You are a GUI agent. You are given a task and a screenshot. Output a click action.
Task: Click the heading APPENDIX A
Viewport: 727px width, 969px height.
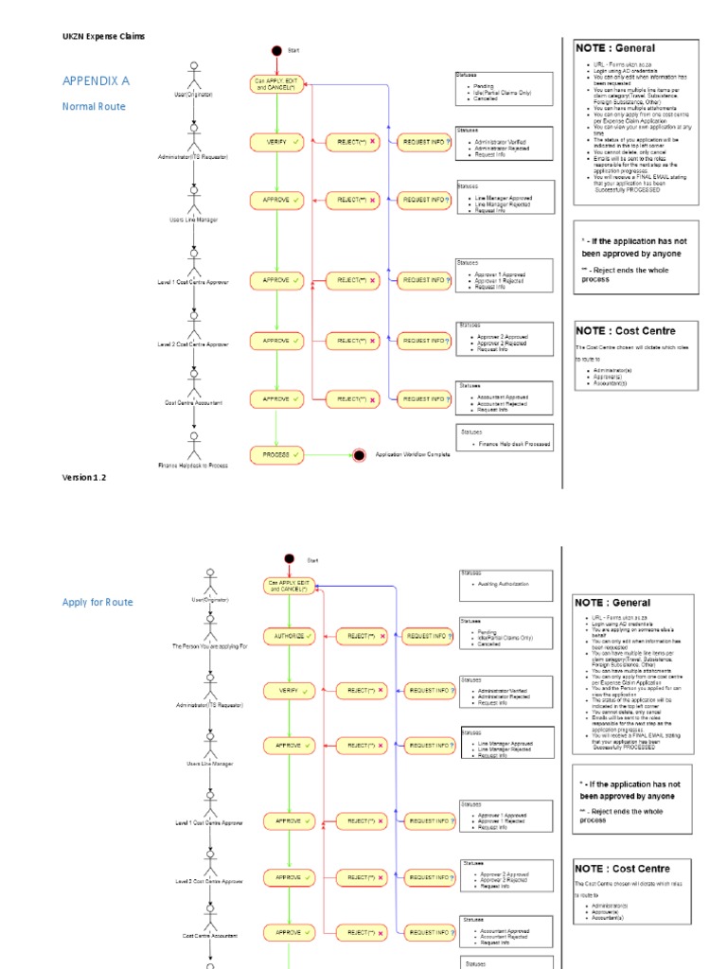[x=96, y=81]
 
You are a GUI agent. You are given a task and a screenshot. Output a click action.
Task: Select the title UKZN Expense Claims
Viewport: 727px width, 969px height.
[x=104, y=36]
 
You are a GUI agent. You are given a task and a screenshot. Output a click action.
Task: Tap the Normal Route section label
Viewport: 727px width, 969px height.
[x=94, y=107]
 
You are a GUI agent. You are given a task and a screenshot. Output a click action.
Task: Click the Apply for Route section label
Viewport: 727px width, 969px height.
[x=98, y=602]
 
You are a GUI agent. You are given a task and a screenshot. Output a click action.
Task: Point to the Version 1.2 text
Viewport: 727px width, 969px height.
[x=84, y=478]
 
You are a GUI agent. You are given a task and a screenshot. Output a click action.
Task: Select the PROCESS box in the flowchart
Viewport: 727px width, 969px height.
[x=276, y=455]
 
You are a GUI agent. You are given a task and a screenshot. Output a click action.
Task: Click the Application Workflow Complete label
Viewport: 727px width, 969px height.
[x=413, y=455]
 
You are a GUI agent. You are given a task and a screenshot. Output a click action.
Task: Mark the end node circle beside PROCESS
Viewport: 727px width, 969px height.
[x=359, y=456]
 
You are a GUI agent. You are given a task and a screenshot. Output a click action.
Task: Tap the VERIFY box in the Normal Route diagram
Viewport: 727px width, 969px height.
[x=276, y=142]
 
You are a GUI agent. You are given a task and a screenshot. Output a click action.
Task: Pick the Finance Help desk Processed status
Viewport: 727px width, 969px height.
[x=514, y=444]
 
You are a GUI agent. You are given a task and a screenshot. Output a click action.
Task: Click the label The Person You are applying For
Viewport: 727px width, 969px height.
[x=209, y=645]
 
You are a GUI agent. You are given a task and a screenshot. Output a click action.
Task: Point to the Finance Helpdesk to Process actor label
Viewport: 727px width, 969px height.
[x=193, y=466]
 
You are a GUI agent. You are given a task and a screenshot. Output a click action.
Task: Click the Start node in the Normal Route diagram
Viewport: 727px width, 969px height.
[x=276, y=50]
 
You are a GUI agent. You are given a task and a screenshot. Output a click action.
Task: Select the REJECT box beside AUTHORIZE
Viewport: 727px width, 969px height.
[x=362, y=637]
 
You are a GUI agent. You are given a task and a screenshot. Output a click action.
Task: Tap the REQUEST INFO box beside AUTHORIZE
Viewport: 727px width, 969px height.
[x=428, y=637]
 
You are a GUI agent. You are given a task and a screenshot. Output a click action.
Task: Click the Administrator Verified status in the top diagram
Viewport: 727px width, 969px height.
[x=503, y=142]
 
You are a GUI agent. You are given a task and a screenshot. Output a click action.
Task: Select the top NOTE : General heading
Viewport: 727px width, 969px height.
[x=615, y=48]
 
